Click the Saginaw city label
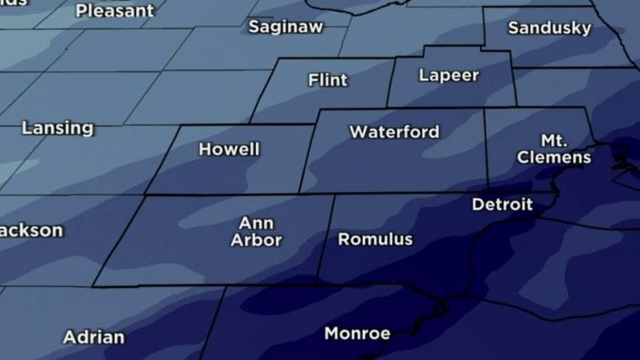pyautogui.click(x=285, y=27)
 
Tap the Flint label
pyautogui.click(x=327, y=80)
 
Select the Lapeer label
pyautogui.click(x=448, y=76)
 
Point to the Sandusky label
pyautogui.click(x=549, y=28)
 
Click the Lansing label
pyautogui.click(x=57, y=128)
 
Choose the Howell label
pyautogui.click(x=229, y=149)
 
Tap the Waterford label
pyautogui.click(x=394, y=132)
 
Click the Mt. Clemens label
pyautogui.click(x=554, y=149)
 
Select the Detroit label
pyautogui.click(x=502, y=205)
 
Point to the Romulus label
pyautogui.click(x=375, y=240)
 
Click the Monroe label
pyautogui.click(x=357, y=334)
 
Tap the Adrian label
pyautogui.click(x=93, y=337)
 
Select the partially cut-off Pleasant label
pyautogui.click(x=114, y=11)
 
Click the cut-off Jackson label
pyautogui.click(x=30, y=230)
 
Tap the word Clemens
pyautogui.click(x=554, y=158)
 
